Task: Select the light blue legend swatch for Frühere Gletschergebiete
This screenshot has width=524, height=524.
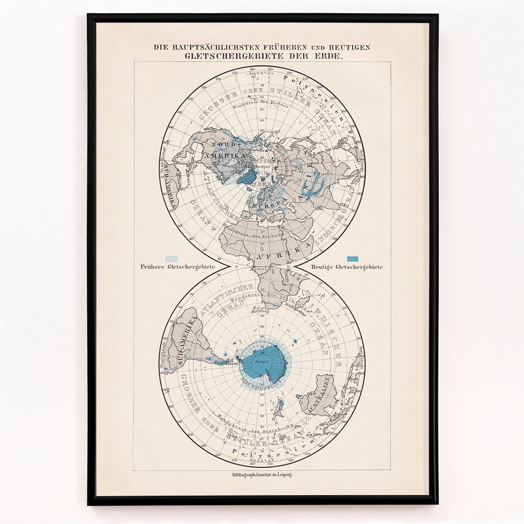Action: pyautogui.click(x=171, y=258)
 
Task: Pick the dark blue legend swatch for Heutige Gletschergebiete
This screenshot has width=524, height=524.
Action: pyautogui.click(x=353, y=258)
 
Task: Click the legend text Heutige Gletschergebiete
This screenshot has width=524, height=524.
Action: pyautogui.click(x=346, y=267)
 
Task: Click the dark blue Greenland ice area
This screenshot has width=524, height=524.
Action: pyautogui.click(x=246, y=177)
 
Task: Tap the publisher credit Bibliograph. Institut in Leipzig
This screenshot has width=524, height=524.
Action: pyautogui.click(x=262, y=474)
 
